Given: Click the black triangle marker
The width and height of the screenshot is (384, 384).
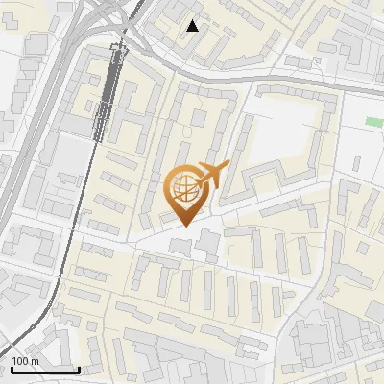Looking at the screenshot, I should (x=193, y=26).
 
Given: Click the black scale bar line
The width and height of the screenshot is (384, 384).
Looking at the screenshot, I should (x=45, y=370).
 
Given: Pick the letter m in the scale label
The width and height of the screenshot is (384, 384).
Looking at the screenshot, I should (x=34, y=361).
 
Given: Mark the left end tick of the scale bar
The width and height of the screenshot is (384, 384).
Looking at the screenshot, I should (x=12, y=368).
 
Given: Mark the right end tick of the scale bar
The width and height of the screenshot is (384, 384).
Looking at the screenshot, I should (x=79, y=368).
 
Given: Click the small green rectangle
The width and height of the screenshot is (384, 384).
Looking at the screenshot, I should (x=374, y=121).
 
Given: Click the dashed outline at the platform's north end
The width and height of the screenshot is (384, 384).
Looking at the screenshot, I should (x=119, y=50).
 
